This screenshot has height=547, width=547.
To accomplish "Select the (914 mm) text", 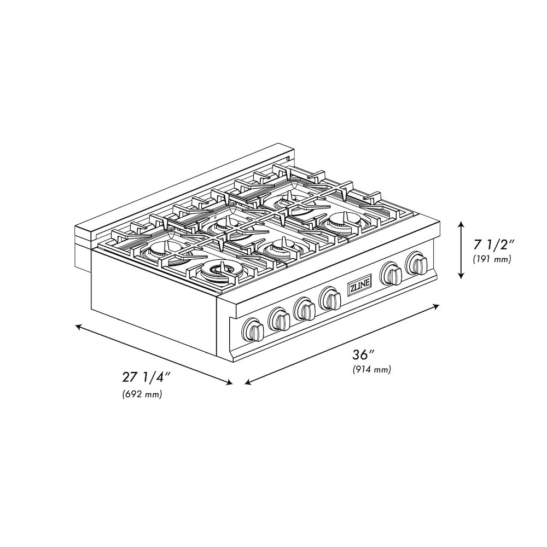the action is [x=371, y=369].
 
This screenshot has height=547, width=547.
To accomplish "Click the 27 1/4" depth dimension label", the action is [x=146, y=377].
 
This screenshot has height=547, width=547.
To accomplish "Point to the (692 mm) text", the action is [x=142, y=394].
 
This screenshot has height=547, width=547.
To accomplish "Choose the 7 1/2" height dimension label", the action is [x=493, y=245].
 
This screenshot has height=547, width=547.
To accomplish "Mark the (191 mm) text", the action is [x=492, y=259].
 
